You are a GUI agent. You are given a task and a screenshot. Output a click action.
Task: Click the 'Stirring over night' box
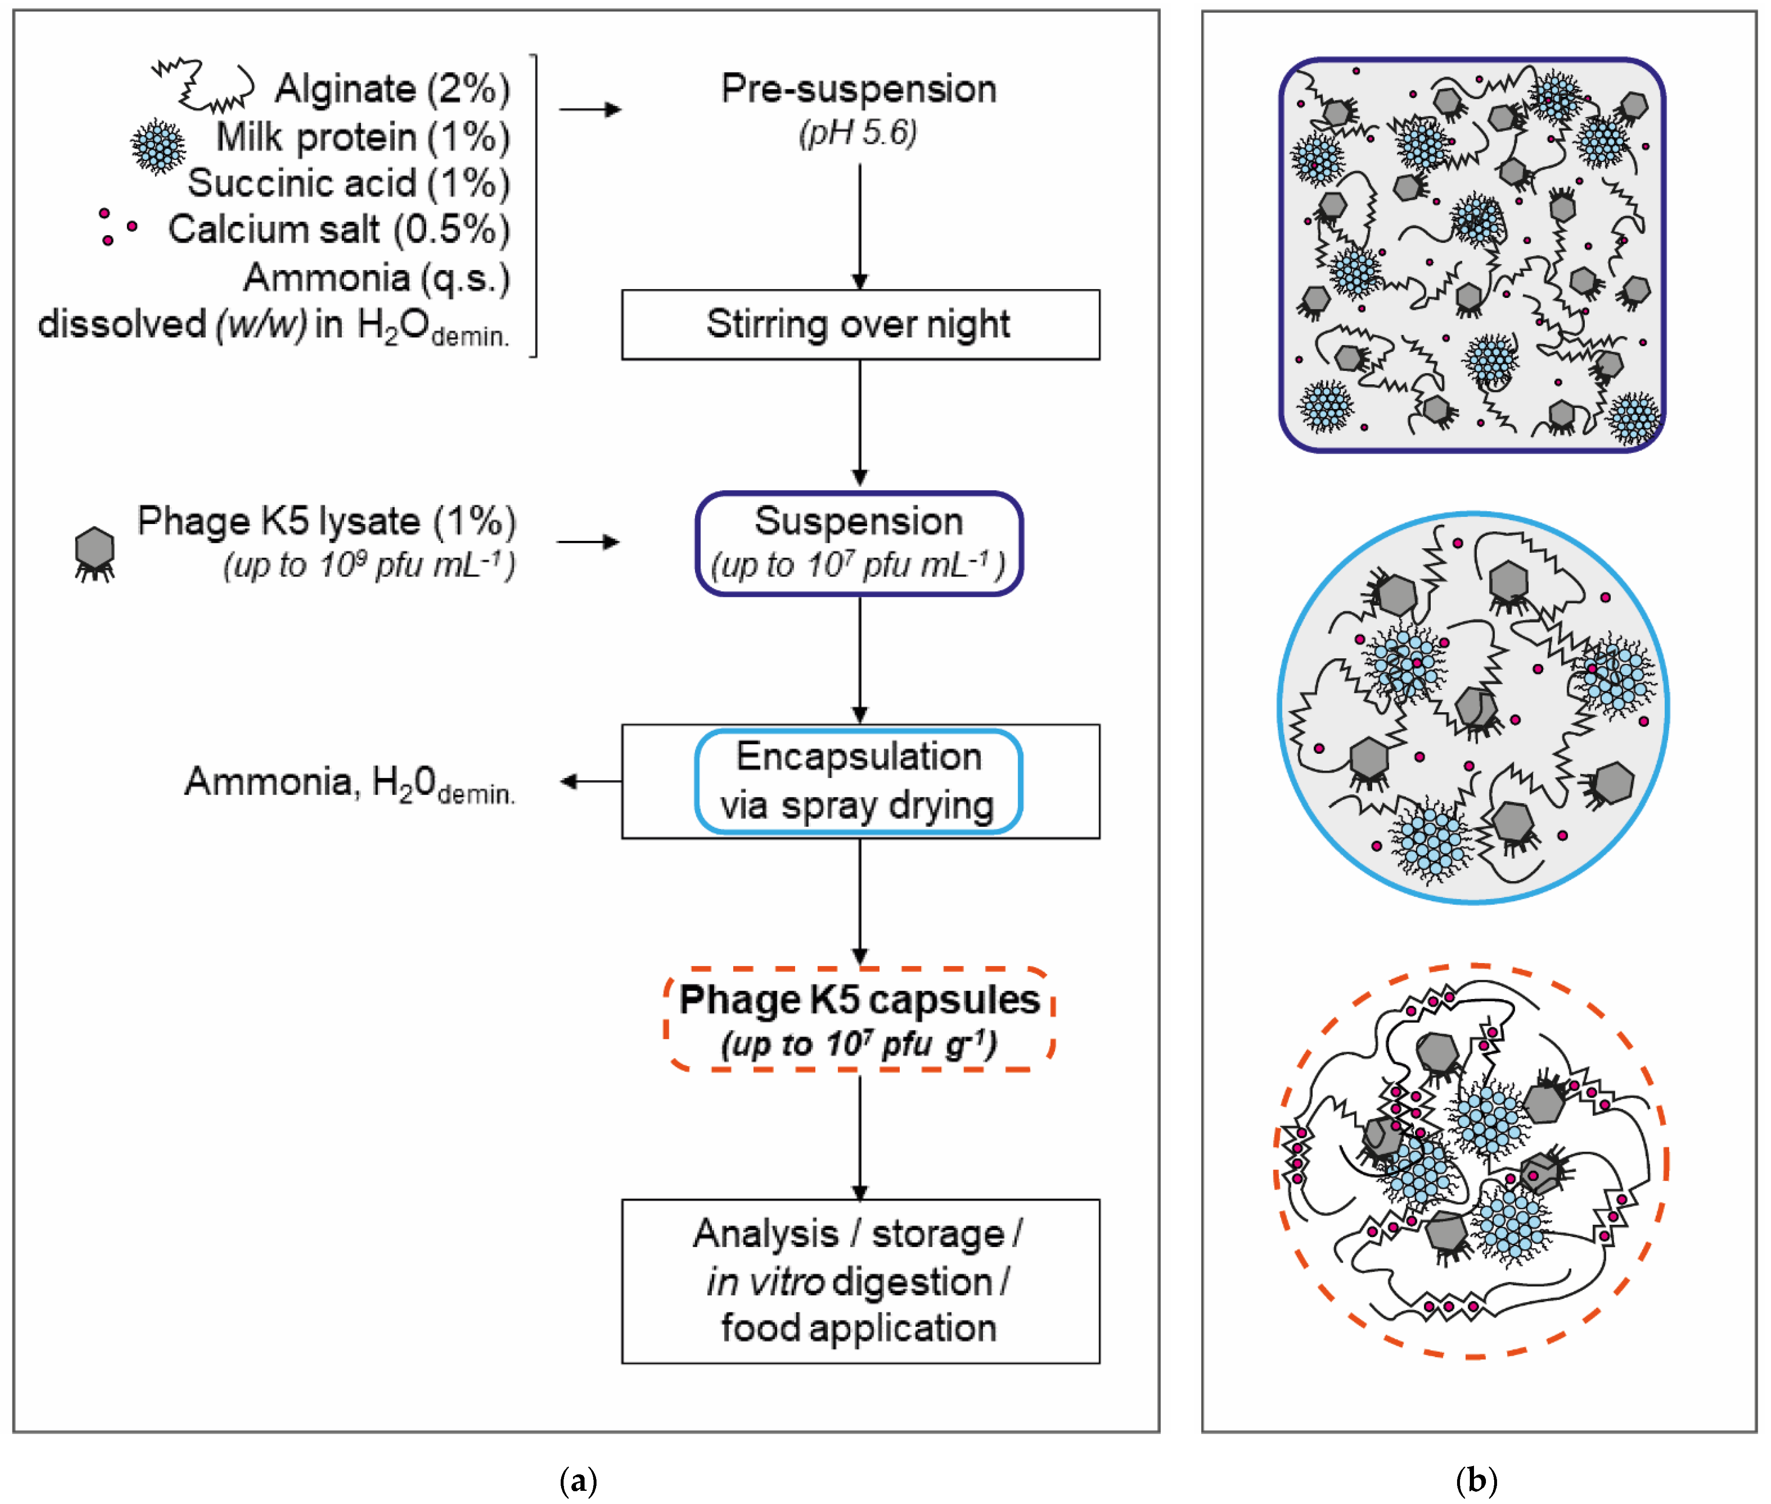coord(859,325)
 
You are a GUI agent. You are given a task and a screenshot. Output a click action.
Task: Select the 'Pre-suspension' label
coord(859,89)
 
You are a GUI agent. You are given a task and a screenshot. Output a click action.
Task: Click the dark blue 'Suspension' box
coord(859,543)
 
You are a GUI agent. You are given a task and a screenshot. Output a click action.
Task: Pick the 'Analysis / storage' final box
coord(859,1281)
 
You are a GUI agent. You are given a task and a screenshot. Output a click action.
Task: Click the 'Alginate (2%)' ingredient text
coord(392,89)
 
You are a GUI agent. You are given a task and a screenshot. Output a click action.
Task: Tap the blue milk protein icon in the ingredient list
coord(158,147)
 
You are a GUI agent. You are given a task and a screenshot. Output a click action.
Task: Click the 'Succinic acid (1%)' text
coord(348,183)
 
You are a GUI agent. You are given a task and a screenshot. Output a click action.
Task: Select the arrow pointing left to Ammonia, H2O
coord(590,781)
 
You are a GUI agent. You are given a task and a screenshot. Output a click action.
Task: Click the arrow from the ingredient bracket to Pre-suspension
coord(590,109)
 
